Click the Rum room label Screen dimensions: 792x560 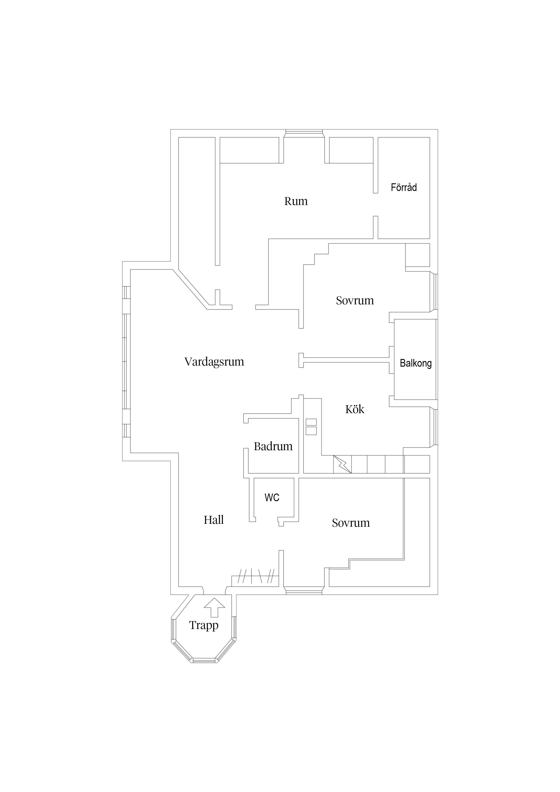(x=296, y=201)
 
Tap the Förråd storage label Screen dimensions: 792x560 (x=404, y=187)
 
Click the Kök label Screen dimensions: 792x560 (x=355, y=409)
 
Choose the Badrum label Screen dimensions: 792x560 (x=273, y=446)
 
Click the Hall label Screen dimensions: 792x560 (x=214, y=520)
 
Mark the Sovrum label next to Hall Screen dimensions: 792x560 (x=350, y=523)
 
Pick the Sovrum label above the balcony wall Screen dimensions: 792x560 (x=355, y=300)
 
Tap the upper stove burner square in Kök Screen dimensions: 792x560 (x=311, y=422)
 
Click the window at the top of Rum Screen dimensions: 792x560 (x=304, y=131)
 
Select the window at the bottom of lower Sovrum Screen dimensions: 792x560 (x=304, y=593)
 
